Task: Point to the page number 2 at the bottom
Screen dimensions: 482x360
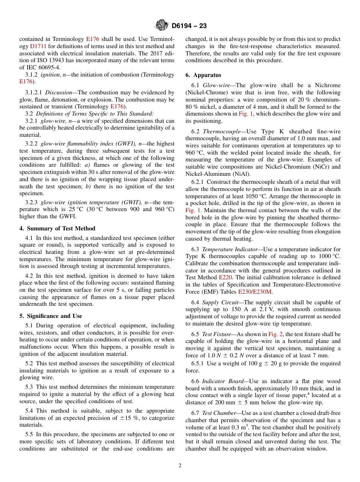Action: tap(180, 466)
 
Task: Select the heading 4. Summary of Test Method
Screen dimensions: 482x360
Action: tap(57, 228)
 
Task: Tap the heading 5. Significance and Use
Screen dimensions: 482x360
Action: tap(51, 316)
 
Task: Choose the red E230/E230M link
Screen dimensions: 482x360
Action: tap(255, 292)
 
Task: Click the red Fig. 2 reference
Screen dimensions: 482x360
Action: tap(275, 334)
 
